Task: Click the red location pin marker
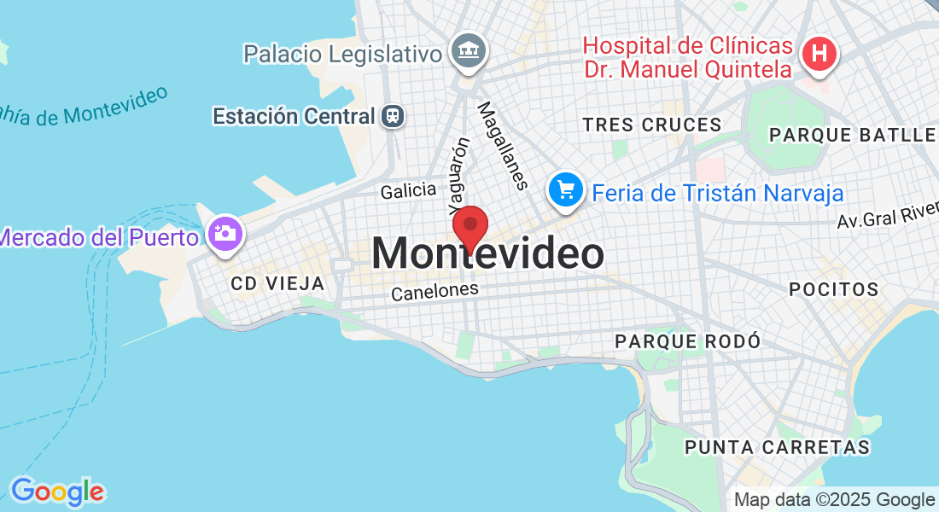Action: [x=469, y=227]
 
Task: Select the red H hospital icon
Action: [x=819, y=53]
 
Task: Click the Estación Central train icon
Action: [x=394, y=115]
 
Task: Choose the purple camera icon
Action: [x=225, y=233]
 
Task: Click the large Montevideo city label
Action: [x=487, y=254]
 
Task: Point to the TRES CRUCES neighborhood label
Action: [x=652, y=125]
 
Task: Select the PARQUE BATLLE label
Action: [x=852, y=135]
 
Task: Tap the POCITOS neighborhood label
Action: [x=834, y=289]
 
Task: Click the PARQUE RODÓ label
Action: [x=687, y=341]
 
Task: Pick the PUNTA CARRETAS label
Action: [x=777, y=447]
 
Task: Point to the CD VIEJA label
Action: [x=277, y=283]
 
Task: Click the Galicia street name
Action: [x=408, y=191]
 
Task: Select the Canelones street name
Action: [x=435, y=292]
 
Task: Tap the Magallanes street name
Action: [x=500, y=145]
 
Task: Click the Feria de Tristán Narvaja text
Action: [x=718, y=193]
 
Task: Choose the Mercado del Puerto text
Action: [x=99, y=236]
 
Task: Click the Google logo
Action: [x=57, y=492]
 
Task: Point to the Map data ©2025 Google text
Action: [x=834, y=500]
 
